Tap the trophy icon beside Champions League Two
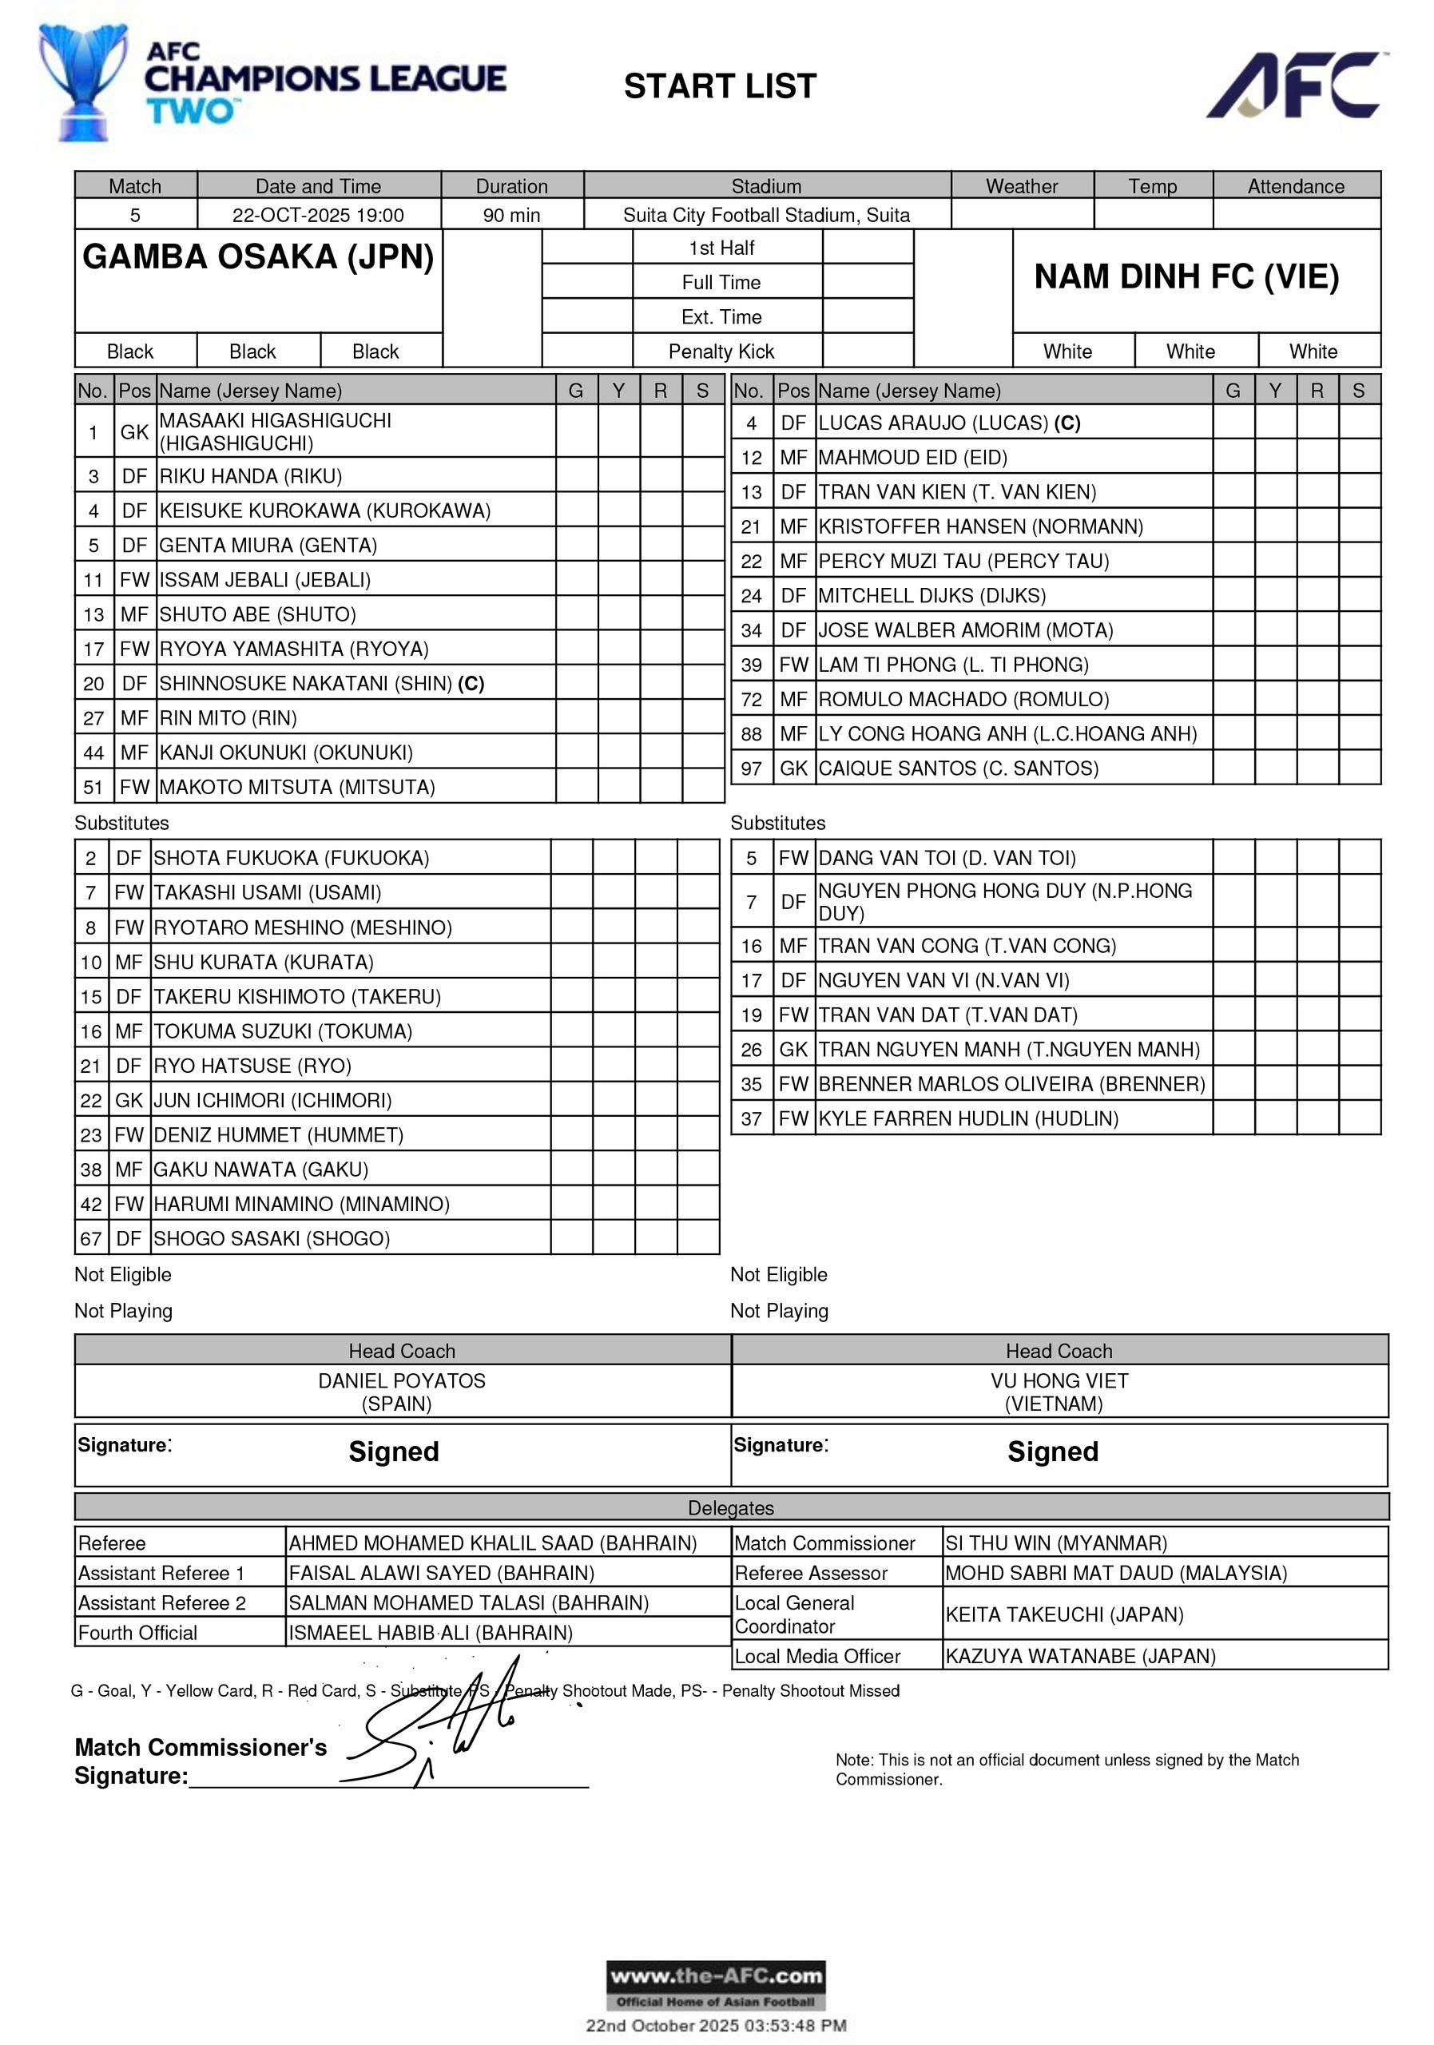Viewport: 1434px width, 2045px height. pyautogui.click(x=82, y=82)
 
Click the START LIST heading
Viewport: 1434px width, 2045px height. pyautogui.click(x=720, y=86)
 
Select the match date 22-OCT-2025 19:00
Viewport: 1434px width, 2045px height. pyautogui.click(x=318, y=215)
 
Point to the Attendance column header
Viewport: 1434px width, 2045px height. pyautogui.click(x=1295, y=186)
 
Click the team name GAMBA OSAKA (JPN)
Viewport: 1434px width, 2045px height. pyautogui.click(x=257, y=256)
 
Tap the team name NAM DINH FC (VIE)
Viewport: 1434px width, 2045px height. pyautogui.click(x=1186, y=277)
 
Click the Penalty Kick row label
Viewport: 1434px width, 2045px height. pyautogui.click(x=721, y=351)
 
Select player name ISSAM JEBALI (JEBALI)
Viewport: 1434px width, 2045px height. pyautogui.click(x=264, y=580)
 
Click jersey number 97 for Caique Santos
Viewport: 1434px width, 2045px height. pyautogui.click(x=751, y=768)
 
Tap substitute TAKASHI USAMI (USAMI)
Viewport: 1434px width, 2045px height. pyautogui.click(x=267, y=892)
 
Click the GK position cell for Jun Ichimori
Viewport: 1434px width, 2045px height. pyautogui.click(x=129, y=1100)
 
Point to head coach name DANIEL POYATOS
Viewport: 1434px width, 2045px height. pyautogui.click(x=402, y=1380)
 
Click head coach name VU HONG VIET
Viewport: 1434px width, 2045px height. pyautogui.click(x=1059, y=1380)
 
